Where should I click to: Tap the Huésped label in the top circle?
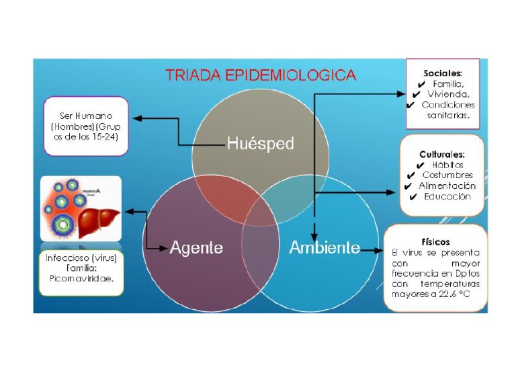point(260,143)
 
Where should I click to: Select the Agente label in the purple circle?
point(196,247)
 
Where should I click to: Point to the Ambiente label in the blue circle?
point(325,247)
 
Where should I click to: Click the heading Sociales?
point(443,73)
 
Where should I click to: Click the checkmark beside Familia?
point(421,84)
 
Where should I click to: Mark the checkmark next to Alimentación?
point(408,186)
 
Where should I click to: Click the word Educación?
point(447,197)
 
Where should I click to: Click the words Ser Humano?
point(85,116)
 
